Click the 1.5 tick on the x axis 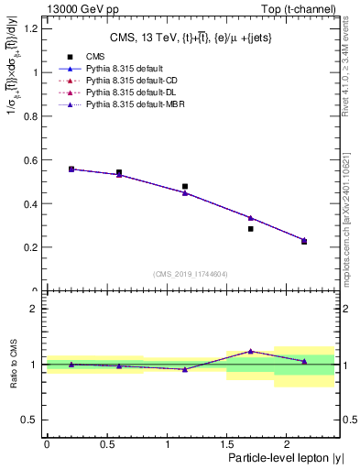click(x=226, y=443)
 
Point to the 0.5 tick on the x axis click(x=106, y=443)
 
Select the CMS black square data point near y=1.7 click(x=250, y=229)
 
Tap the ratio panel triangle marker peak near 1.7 click(x=250, y=351)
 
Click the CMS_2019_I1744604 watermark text click(x=190, y=274)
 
